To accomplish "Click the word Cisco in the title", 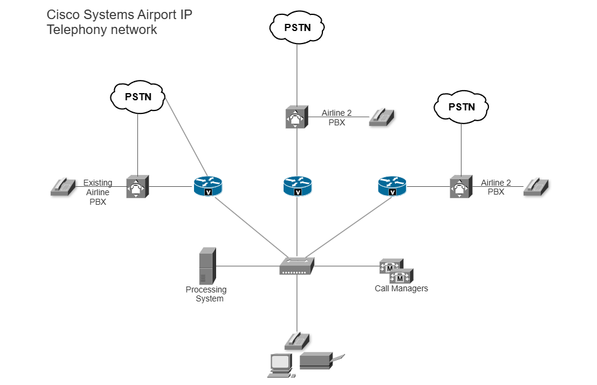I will (63, 15).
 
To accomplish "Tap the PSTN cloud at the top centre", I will (297, 27).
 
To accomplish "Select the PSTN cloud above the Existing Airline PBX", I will (138, 96).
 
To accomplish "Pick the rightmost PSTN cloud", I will (461, 107).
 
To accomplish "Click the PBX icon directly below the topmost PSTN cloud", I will (296, 117).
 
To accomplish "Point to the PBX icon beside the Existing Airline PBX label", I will (137, 187).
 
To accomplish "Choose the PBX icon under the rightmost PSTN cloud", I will (460, 187).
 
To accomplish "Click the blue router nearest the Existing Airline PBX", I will (207, 187).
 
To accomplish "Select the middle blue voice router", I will (297, 186).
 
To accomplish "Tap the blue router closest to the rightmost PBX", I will (392, 187).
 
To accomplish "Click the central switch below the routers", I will (297, 266).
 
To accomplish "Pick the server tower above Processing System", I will (207, 266).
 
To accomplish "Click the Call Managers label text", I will (401, 289).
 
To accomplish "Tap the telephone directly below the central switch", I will (297, 340).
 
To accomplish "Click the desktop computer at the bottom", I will (280, 365).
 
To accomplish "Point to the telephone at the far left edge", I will (63, 187).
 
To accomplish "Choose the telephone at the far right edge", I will (536, 186).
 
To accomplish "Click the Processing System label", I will (206, 294).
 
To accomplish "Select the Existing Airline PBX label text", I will (97, 192).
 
